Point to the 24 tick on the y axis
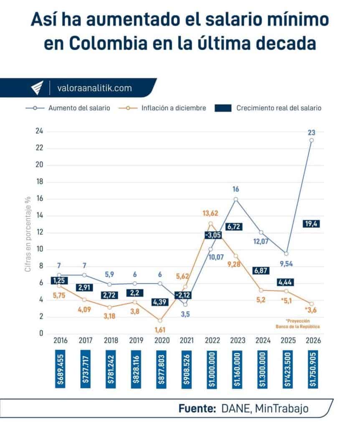(39, 131)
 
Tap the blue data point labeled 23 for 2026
(312, 140)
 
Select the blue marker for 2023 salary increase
(236, 199)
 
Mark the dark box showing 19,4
(312, 224)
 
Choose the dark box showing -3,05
(213, 235)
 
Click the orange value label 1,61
(160, 330)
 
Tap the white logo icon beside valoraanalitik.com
(38, 88)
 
